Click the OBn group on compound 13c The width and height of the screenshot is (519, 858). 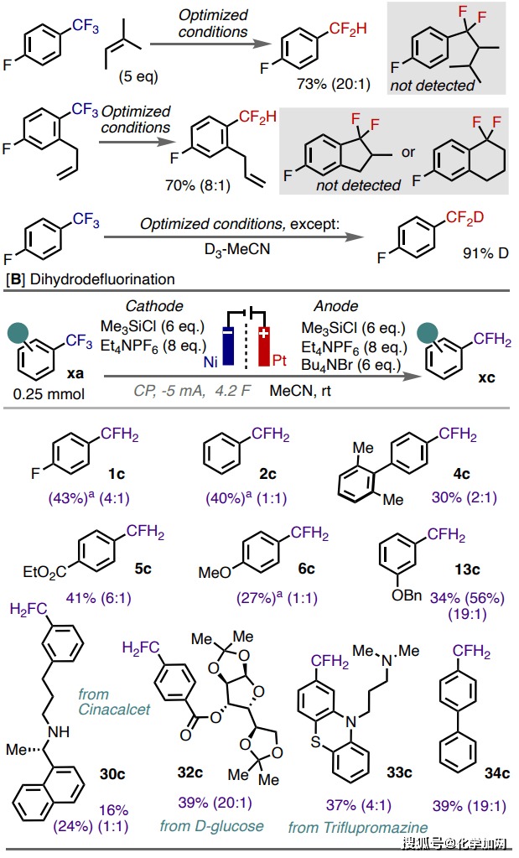click(413, 596)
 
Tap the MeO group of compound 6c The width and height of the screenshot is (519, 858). click(215, 572)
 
